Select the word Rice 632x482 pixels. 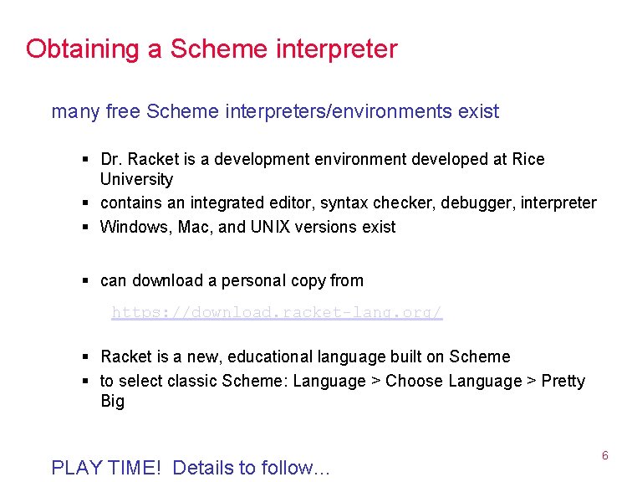click(528, 159)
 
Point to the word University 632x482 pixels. click(136, 179)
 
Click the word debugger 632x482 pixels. click(474, 203)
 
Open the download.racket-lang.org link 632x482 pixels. click(277, 313)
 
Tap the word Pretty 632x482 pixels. click(563, 381)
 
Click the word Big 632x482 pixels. click(112, 401)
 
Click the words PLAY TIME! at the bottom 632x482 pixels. click(108, 467)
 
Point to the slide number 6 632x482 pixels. click(604, 456)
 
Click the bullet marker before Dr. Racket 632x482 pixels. click(87, 159)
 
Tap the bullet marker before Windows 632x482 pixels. click(87, 227)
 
